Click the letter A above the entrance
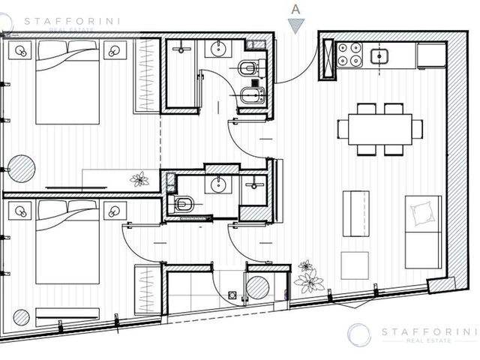click(x=295, y=10)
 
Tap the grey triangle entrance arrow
click(x=296, y=25)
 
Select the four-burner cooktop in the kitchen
click(x=349, y=55)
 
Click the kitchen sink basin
click(x=379, y=57)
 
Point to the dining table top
click(x=380, y=129)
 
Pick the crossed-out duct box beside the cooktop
click(x=327, y=59)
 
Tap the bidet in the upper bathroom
click(x=252, y=95)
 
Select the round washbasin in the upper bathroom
click(x=218, y=48)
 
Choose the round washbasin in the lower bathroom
click(x=218, y=184)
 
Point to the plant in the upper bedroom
click(x=139, y=179)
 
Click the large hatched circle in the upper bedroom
click(x=22, y=169)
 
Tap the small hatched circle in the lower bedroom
click(x=22, y=317)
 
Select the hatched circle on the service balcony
click(x=258, y=288)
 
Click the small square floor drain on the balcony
click(x=232, y=295)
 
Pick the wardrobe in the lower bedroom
click(x=147, y=290)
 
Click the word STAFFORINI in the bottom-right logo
click(x=429, y=331)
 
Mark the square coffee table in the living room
click(x=355, y=265)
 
